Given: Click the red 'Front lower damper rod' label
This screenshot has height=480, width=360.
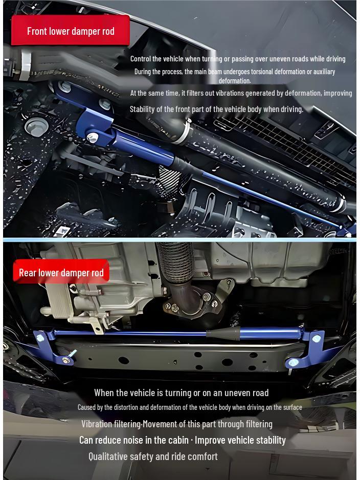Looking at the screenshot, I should pyautogui.click(x=71, y=31).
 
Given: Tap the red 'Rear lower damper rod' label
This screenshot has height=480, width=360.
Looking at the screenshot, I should pyautogui.click(x=61, y=273).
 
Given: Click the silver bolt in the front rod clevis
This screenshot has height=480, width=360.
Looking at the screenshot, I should pyautogui.click(x=93, y=137).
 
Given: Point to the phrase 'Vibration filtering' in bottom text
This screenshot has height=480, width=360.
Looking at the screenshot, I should pyautogui.click(x=110, y=424).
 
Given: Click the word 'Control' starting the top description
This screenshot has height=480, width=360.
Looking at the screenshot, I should pyautogui.click(x=141, y=59).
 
